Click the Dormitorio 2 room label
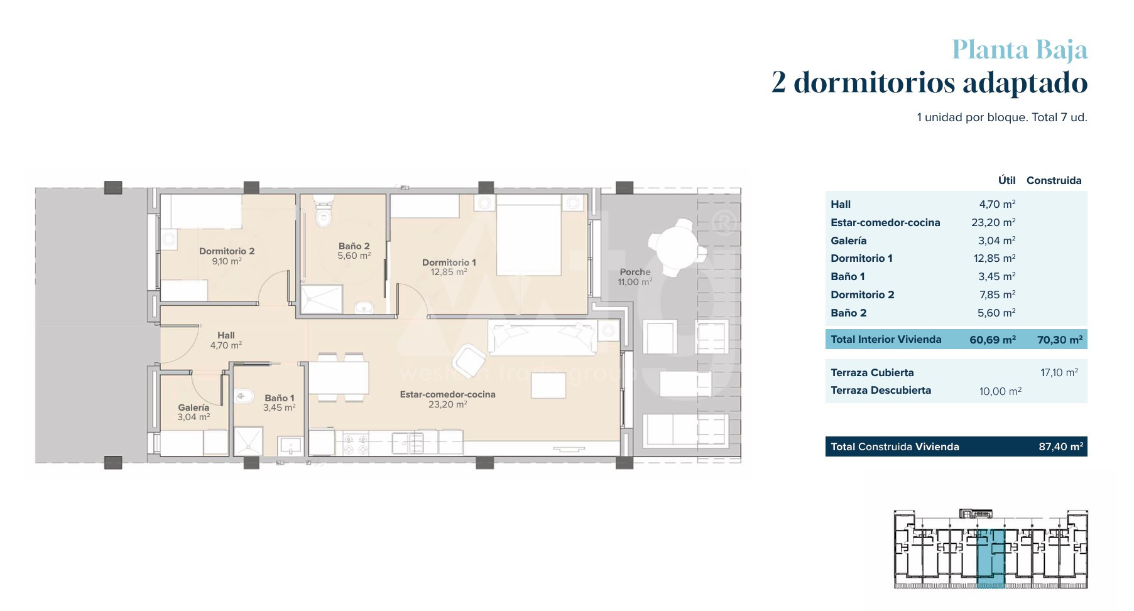227,251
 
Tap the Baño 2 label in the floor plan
354,246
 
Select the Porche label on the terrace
635,272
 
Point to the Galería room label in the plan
194,408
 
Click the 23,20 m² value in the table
993,222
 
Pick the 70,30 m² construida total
1060,340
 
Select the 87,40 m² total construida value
1061,447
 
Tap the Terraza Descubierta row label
881,391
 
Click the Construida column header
1054,181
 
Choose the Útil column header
1006,180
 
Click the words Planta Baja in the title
1020,50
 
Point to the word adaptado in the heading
1025,83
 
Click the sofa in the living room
543,338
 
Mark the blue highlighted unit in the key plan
991,558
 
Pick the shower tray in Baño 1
248,441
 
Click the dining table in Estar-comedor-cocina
338,377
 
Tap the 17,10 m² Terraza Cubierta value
1059,373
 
